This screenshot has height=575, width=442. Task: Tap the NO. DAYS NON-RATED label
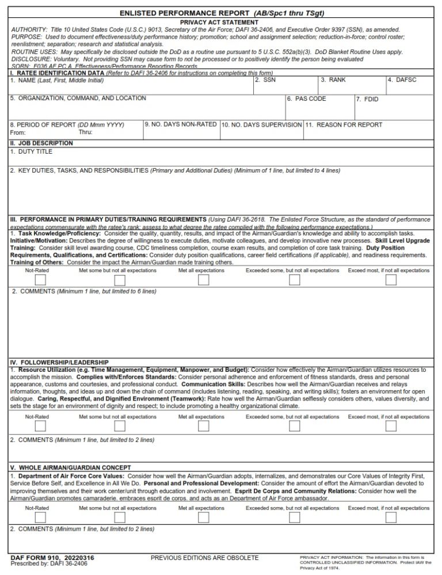pos(181,124)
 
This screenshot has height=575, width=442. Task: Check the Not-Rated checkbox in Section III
pos(41,280)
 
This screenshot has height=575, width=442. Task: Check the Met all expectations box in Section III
pos(203,280)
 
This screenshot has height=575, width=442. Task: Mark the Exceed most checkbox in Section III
pos(391,280)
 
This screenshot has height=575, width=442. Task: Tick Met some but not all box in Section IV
pos(120,427)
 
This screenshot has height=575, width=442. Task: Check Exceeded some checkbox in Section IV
pos(294,427)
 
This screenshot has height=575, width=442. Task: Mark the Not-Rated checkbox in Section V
pos(41,517)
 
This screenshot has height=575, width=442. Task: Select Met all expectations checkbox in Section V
pos(203,517)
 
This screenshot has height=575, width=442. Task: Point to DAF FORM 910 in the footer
pos(52,558)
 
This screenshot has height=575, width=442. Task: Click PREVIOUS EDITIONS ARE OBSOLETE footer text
pos(204,558)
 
